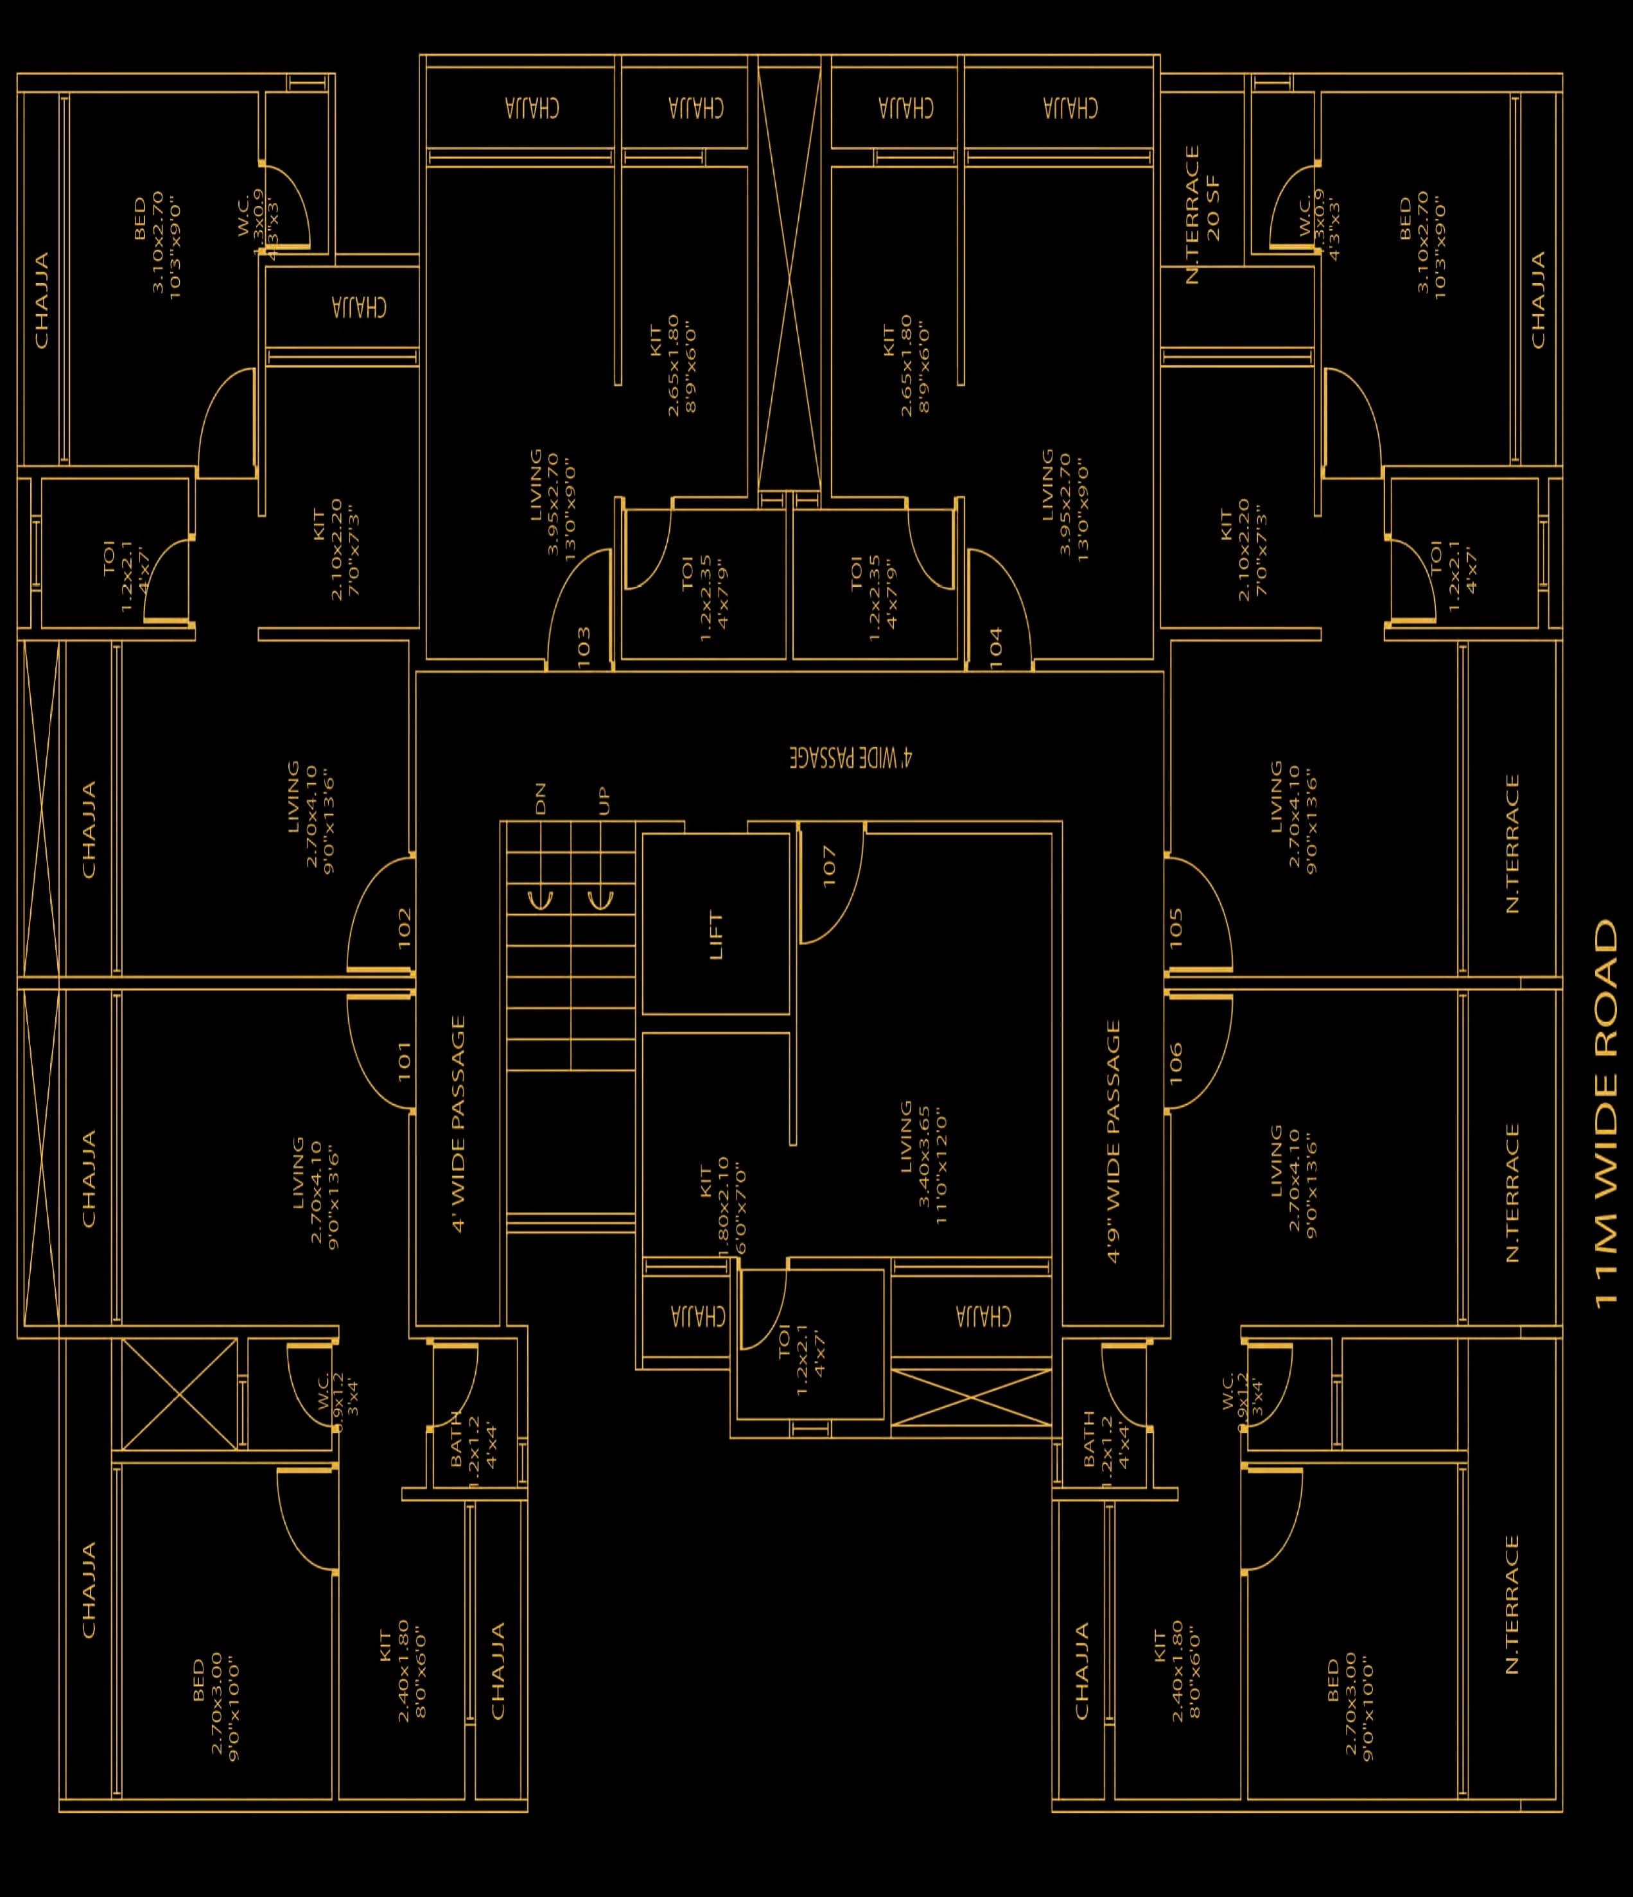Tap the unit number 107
coord(830,865)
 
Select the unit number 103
coord(584,645)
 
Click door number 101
coord(405,1061)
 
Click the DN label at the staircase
coord(540,799)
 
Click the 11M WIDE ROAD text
coord(1607,1113)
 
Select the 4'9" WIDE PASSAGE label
coord(1113,1141)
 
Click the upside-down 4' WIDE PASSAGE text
coord(851,757)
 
